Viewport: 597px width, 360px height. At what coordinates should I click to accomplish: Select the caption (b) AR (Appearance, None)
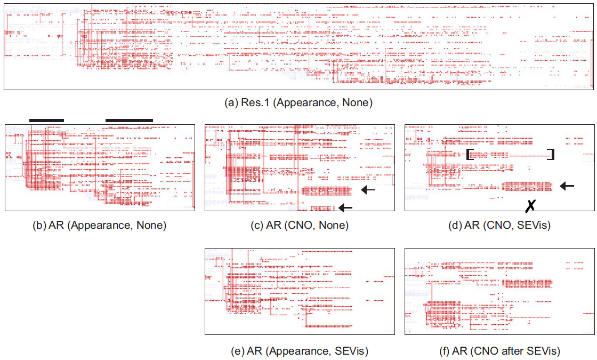(x=100, y=225)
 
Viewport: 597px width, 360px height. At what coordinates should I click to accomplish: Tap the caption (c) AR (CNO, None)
(x=300, y=225)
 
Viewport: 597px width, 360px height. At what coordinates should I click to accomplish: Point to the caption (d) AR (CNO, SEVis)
(x=499, y=225)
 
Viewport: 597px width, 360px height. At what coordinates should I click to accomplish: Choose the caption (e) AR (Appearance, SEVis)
(x=300, y=350)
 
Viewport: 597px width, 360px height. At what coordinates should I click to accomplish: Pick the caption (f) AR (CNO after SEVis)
(x=499, y=350)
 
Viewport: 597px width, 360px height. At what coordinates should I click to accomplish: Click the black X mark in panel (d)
(x=530, y=206)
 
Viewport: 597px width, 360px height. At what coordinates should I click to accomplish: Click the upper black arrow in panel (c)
(x=368, y=189)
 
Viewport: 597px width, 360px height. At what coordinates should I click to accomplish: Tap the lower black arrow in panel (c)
(x=346, y=207)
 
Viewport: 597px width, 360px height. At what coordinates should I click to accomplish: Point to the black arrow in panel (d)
(x=567, y=186)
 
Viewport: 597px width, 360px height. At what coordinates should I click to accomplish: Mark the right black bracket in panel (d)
(x=552, y=154)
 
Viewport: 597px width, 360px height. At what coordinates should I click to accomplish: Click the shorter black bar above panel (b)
(x=46, y=120)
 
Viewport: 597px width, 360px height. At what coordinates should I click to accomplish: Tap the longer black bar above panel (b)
(x=129, y=120)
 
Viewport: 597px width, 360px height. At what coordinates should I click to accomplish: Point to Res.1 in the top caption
(x=254, y=103)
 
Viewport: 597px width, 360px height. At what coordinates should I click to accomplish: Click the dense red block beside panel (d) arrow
(x=527, y=186)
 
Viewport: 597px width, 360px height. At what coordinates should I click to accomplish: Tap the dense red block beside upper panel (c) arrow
(x=327, y=190)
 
